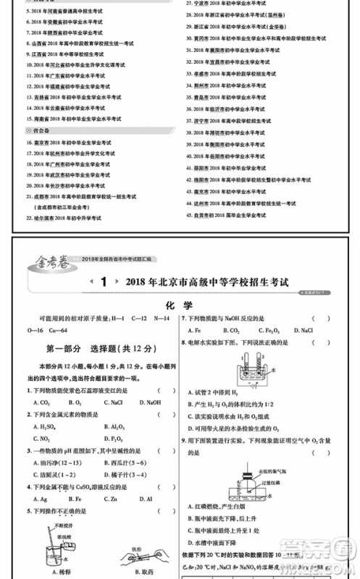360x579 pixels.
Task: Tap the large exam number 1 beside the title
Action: coord(104,282)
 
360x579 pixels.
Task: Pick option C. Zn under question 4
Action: coord(111,498)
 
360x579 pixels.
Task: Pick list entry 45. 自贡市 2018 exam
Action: coord(232,215)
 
